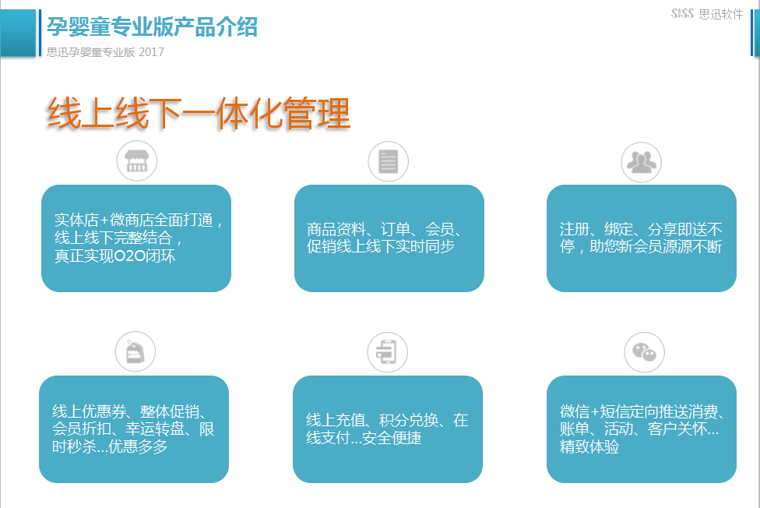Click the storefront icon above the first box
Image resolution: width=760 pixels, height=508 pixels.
(x=137, y=161)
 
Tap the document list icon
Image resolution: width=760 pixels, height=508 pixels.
(x=389, y=161)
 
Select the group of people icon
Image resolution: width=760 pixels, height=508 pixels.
(x=642, y=162)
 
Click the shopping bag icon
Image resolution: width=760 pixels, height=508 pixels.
(x=135, y=351)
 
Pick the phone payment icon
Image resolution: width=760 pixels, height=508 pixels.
(x=387, y=352)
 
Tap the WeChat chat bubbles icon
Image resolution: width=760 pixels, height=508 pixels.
(x=644, y=352)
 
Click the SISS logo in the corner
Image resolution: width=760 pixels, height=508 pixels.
(x=682, y=13)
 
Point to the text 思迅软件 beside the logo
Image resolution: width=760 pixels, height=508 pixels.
(x=721, y=14)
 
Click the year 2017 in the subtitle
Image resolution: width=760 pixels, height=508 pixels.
(x=151, y=52)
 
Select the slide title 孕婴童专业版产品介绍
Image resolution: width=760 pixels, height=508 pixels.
(x=152, y=26)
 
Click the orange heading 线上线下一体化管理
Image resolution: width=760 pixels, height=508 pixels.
(x=199, y=114)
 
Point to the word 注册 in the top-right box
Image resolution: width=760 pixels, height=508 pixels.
(x=575, y=228)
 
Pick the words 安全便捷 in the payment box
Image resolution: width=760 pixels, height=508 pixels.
(x=392, y=438)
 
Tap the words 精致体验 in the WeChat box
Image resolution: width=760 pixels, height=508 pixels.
(x=589, y=446)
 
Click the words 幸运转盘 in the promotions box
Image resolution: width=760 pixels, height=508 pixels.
(x=155, y=429)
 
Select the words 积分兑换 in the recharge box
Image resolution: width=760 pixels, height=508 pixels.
(x=409, y=420)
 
